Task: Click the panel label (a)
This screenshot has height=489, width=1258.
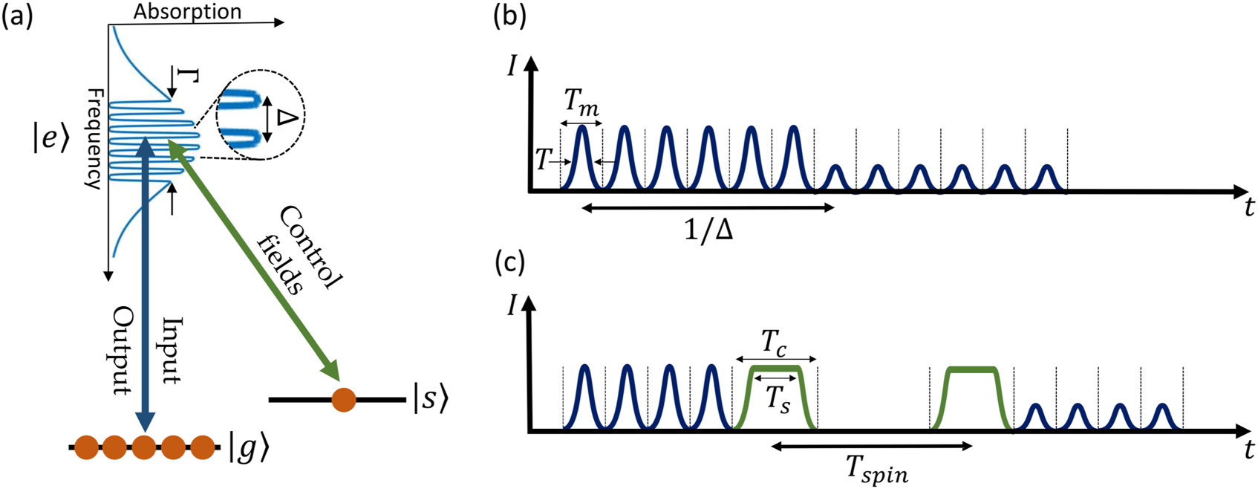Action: point(17,15)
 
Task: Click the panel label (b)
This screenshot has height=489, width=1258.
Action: point(510,15)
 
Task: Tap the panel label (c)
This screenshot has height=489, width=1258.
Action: point(510,263)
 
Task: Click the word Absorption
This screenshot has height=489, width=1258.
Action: point(187,11)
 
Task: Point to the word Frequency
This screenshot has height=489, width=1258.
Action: point(94,138)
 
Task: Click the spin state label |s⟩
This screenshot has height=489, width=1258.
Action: point(431,400)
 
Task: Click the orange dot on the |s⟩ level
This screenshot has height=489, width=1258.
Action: point(344,399)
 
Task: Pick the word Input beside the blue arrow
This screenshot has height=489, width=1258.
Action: point(171,349)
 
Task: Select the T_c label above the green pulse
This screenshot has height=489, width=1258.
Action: point(775,344)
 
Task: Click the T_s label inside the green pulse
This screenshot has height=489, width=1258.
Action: point(777,399)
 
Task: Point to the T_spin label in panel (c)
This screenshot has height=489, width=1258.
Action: point(877,468)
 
